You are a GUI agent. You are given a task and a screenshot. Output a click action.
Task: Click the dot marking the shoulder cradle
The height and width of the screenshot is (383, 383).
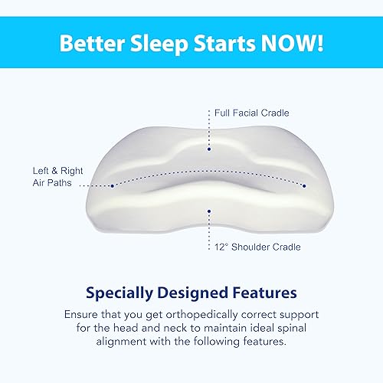(208, 208)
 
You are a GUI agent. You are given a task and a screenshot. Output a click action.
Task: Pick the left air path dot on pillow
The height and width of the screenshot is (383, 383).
(113, 185)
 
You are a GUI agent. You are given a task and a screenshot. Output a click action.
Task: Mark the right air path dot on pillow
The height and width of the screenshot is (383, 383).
(305, 185)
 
